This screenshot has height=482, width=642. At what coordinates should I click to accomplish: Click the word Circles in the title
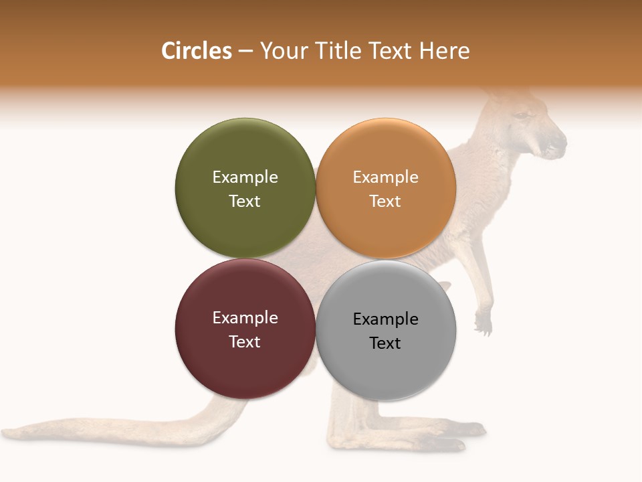click(x=196, y=51)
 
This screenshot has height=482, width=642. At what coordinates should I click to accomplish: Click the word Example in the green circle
click(x=245, y=177)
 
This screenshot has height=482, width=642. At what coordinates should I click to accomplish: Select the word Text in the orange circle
click(x=385, y=201)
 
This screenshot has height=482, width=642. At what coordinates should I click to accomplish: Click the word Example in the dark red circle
click(x=245, y=317)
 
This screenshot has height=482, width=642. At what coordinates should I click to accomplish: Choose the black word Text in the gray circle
click(x=385, y=343)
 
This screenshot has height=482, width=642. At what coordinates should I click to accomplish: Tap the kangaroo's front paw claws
click(x=483, y=326)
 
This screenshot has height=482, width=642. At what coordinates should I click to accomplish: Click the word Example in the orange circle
click(x=385, y=177)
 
